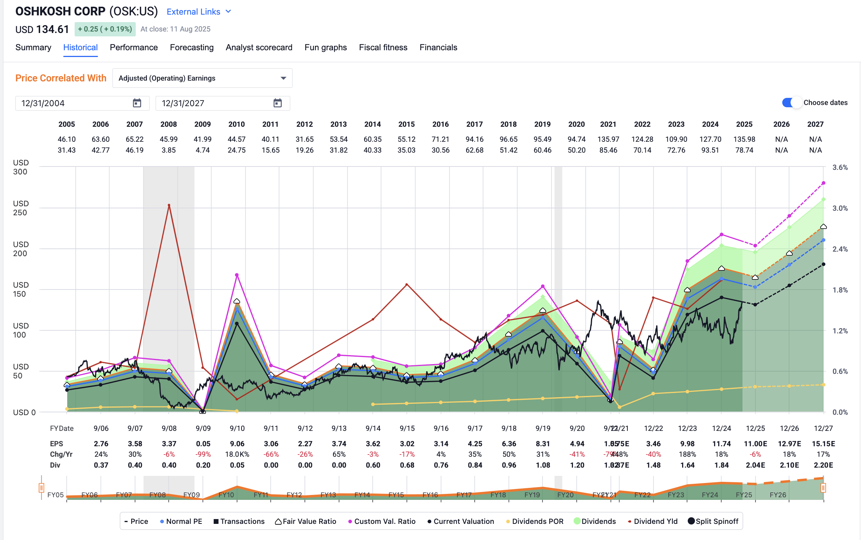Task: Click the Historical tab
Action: click(80, 48)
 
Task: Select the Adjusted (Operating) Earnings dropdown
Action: click(202, 78)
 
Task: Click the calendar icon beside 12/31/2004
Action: click(137, 103)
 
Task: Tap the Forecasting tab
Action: click(192, 48)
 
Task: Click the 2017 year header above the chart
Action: click(474, 124)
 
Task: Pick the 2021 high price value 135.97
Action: click(608, 139)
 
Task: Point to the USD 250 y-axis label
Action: click(20, 208)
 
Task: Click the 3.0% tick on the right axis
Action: click(840, 208)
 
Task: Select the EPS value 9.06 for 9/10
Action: click(237, 444)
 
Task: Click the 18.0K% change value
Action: click(237, 454)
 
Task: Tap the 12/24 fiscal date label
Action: click(721, 428)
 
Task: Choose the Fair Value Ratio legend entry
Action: click(306, 521)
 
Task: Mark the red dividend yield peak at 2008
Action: click(169, 205)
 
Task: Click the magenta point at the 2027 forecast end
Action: click(823, 183)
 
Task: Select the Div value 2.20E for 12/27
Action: click(823, 465)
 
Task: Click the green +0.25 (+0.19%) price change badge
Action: click(105, 29)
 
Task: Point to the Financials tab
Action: click(438, 48)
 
